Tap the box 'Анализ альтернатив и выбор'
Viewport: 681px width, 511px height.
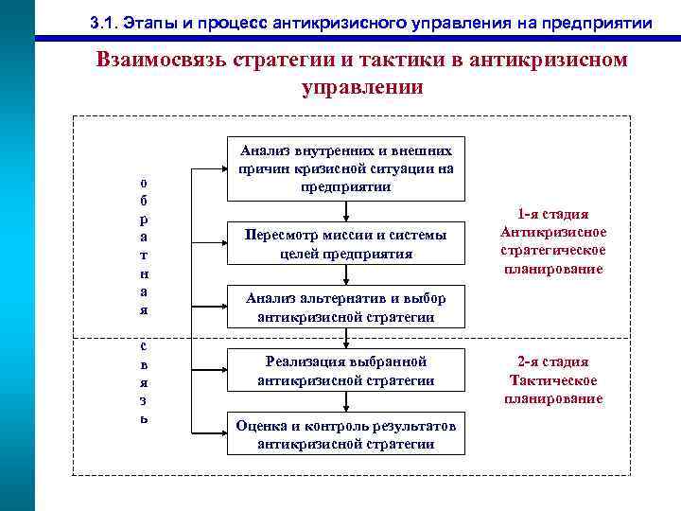coord(346,308)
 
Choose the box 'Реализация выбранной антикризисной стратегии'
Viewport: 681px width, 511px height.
coord(346,371)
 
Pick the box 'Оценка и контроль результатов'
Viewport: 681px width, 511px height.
coord(346,434)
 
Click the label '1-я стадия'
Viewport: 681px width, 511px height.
coord(553,214)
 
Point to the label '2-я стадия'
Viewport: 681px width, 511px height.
coord(553,361)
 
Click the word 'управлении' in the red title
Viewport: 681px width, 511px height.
coord(361,88)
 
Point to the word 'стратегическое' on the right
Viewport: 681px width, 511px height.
coord(553,251)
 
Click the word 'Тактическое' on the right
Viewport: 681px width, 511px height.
coord(553,380)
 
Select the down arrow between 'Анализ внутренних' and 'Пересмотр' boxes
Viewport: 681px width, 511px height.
coord(346,211)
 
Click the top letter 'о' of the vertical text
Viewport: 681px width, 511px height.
coord(143,182)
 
